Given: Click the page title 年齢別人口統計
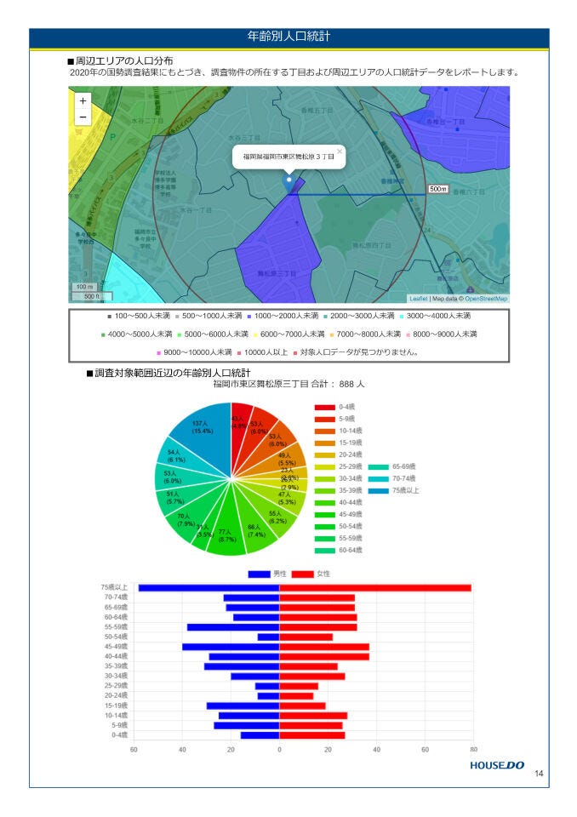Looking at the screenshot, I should pos(288,37).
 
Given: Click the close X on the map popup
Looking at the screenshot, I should pos(339,151).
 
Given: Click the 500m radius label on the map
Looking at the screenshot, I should pos(437,188).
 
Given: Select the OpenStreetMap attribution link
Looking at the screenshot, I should pos(486,299).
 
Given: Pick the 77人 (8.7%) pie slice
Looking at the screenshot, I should pos(227,533).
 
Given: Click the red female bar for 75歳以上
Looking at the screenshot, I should pos(374,587).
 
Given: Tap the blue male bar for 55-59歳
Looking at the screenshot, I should pos(233,627).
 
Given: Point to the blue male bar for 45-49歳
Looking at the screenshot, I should pos(231,647).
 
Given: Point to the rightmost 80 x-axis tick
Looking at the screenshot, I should pos(472,750).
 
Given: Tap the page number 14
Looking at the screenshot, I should pos(539,774).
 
